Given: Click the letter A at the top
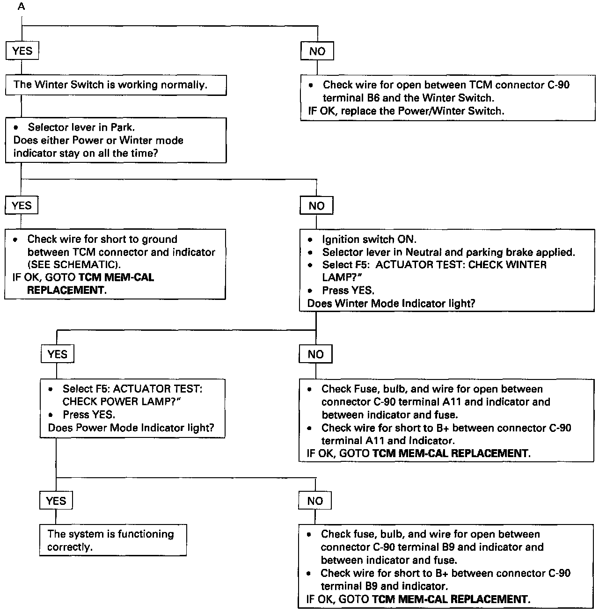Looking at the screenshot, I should point(22,7).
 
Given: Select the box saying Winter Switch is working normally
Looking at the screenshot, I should point(116,85).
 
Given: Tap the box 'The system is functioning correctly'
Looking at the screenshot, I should point(113,540).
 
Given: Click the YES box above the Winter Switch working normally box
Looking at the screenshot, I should point(22,51).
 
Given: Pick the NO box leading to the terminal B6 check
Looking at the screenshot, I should point(317,51).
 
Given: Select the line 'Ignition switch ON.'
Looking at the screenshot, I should point(369,240).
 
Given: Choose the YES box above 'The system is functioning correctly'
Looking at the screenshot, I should point(56,501).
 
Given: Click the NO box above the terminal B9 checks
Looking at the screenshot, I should point(315,501).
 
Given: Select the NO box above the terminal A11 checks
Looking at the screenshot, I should point(315,355).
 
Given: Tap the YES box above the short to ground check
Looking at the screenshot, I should point(22,206).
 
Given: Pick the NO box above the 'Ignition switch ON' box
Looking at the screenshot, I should point(316,206).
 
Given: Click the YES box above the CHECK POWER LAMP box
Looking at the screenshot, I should point(57,355).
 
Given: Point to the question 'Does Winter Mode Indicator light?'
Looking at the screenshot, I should point(391,304).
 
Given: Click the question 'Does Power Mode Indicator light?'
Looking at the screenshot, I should point(131,428).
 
